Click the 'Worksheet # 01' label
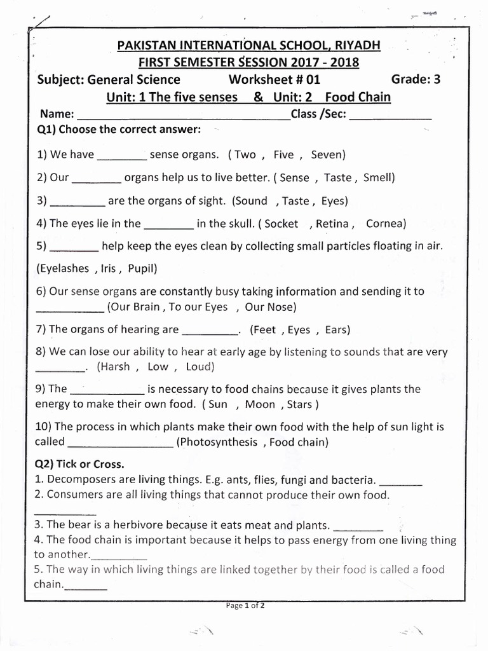coord(274,79)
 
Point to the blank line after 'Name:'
coord(183,116)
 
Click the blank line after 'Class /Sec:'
coord(390,116)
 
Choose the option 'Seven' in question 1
coord(328,154)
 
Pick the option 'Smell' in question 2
coord(379,178)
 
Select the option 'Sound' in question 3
coord(252,201)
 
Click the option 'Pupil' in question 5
coord(142,268)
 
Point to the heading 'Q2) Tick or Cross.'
coord(80,463)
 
